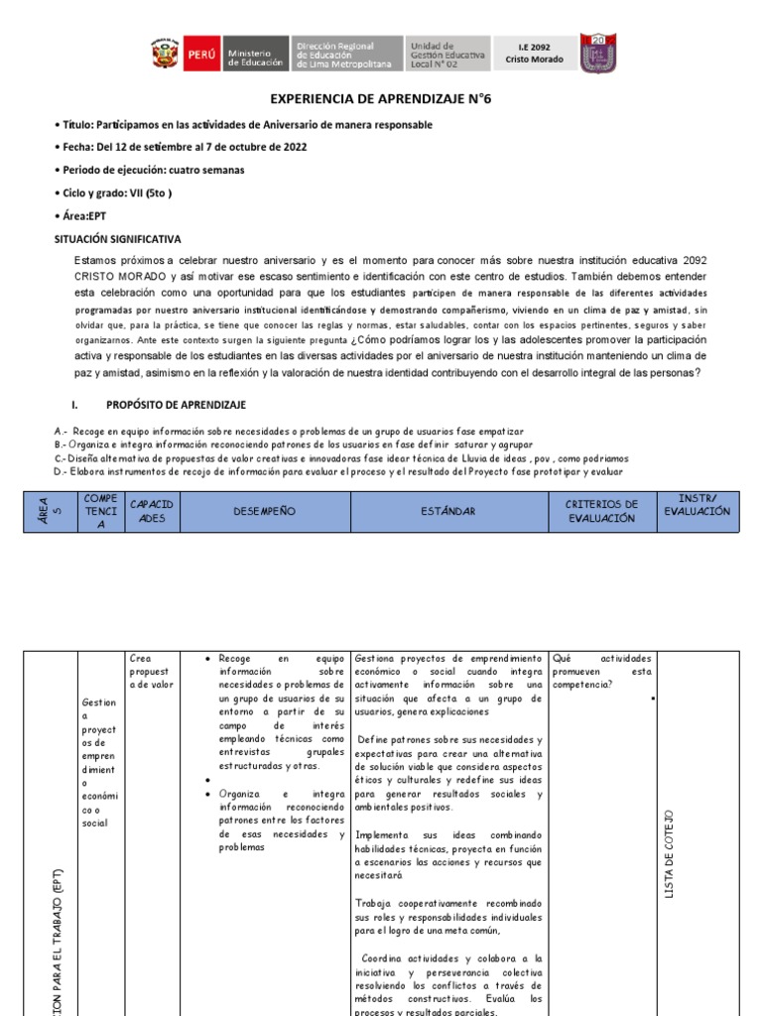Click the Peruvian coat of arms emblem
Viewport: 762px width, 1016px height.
pos(165,55)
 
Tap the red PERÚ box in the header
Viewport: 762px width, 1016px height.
pos(202,55)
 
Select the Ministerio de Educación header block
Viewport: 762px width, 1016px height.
pos(257,56)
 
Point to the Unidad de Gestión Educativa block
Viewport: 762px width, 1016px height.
pos(449,56)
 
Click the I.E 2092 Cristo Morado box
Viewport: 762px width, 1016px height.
pos(541,54)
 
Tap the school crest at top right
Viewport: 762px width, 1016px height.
pos(598,54)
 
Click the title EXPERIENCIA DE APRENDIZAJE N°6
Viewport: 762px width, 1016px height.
pos(380,100)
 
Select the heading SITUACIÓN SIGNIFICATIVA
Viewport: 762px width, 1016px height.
pos(117,239)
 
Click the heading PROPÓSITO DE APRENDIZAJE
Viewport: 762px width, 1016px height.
pos(176,406)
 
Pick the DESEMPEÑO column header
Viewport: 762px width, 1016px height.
pos(265,511)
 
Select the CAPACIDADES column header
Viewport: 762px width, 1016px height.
pos(153,511)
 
